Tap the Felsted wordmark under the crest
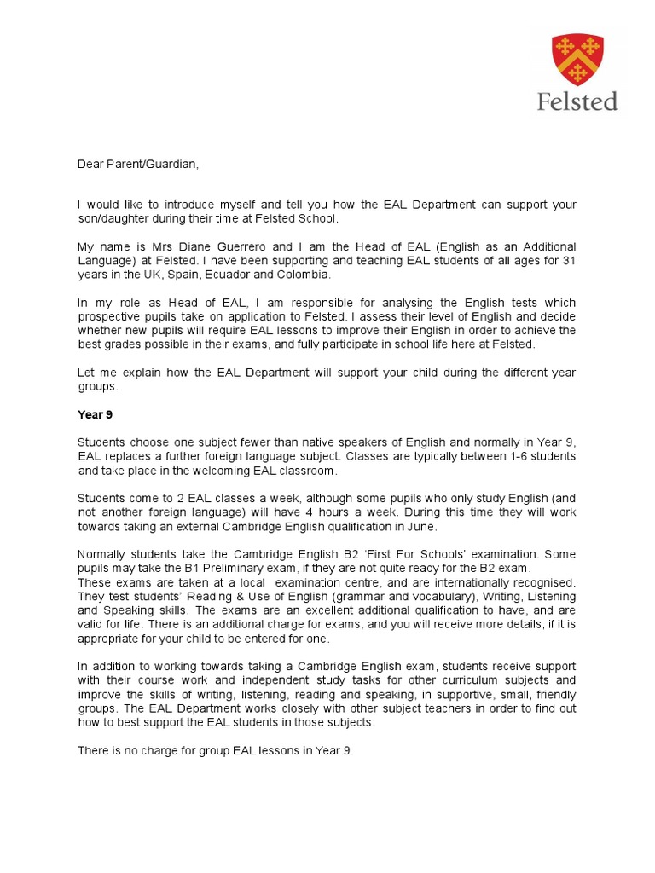pos(577,101)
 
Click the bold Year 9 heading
pos(95,415)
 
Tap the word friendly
pos(554,693)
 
